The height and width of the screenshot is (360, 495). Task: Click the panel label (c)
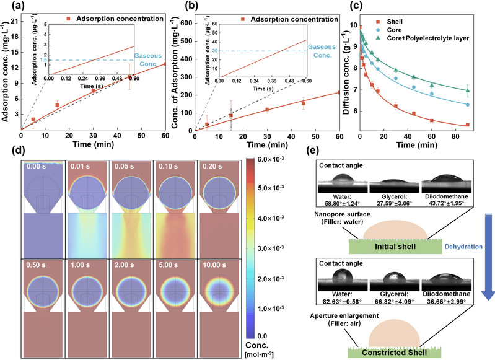point(339,7)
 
